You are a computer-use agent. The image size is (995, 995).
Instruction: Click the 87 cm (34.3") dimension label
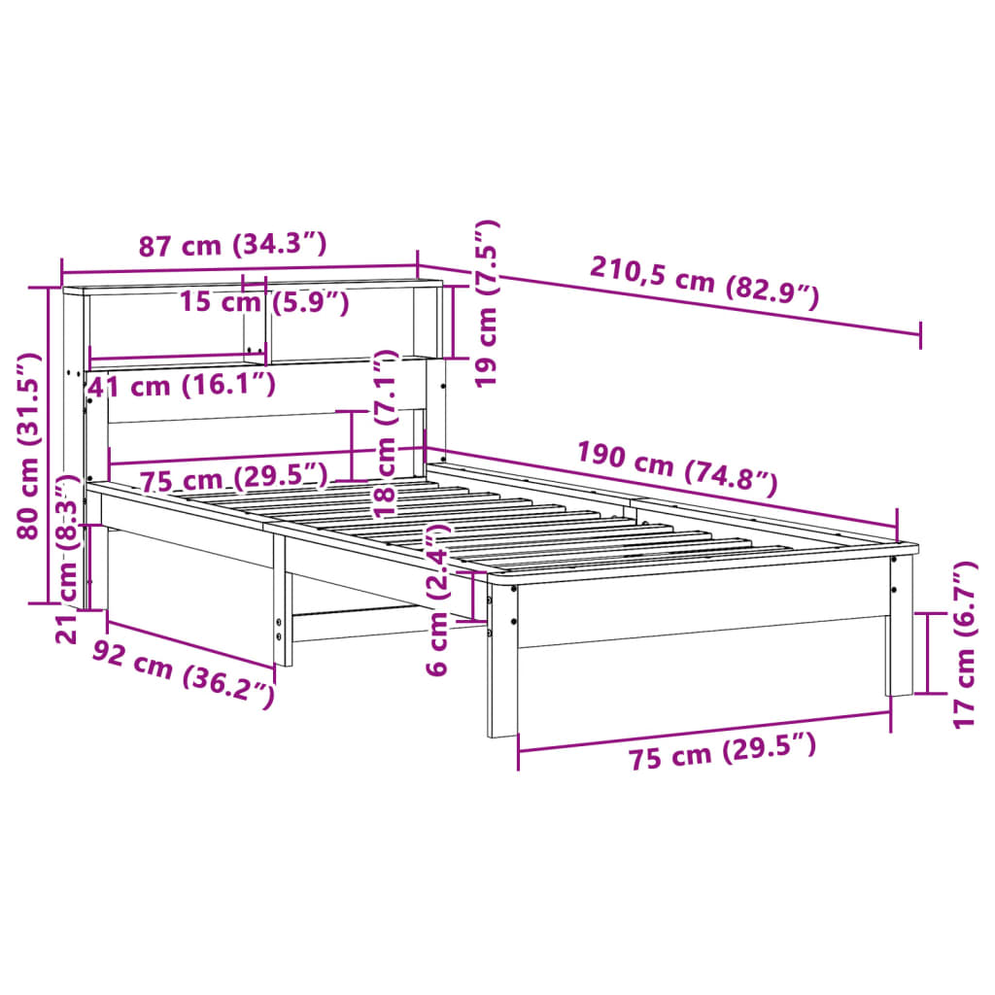pyautogui.click(x=231, y=246)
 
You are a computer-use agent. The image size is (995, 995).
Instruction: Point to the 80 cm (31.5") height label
pyautogui.click(x=32, y=445)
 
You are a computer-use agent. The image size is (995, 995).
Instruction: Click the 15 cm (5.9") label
pyautogui.click(x=263, y=302)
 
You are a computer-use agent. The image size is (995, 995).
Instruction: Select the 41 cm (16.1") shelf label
pyautogui.click(x=181, y=385)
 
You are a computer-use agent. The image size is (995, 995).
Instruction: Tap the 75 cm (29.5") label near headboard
pyautogui.click(x=232, y=479)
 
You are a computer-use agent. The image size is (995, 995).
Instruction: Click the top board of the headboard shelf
pyautogui.click(x=253, y=288)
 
